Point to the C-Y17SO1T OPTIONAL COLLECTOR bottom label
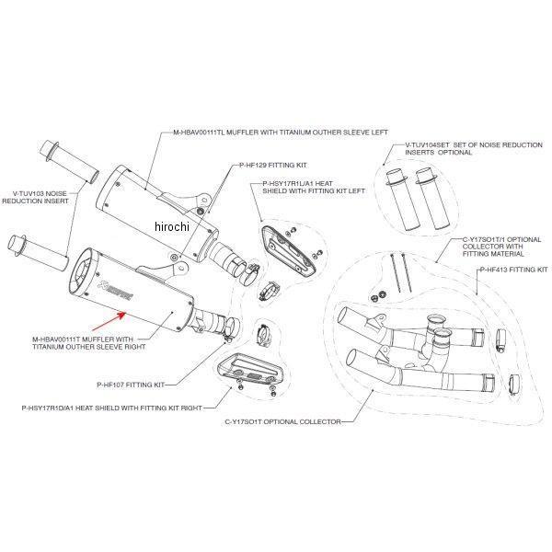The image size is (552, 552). [x=282, y=422]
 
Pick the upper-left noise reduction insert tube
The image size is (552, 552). [x=68, y=160]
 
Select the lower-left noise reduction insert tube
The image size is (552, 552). [x=38, y=247]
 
